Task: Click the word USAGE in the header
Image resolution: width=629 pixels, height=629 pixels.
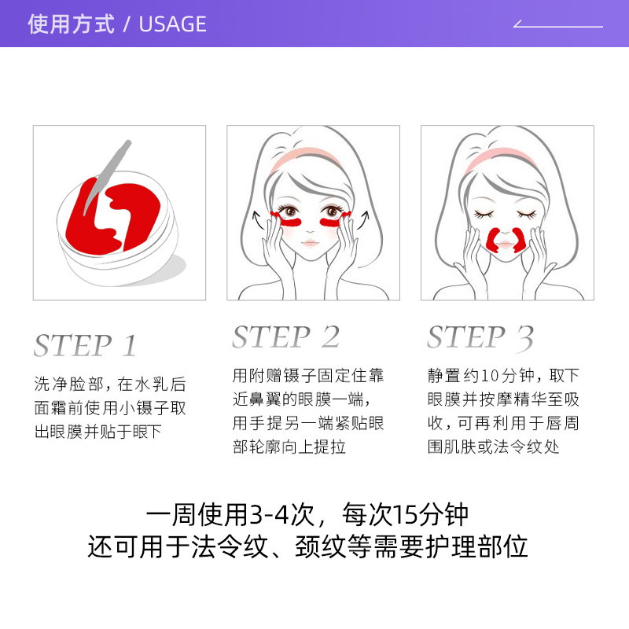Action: pyautogui.click(x=172, y=24)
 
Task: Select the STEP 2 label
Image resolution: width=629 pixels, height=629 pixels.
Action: pyautogui.click(x=285, y=337)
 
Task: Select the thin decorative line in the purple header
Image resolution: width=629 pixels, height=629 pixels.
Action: pyautogui.click(x=557, y=25)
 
